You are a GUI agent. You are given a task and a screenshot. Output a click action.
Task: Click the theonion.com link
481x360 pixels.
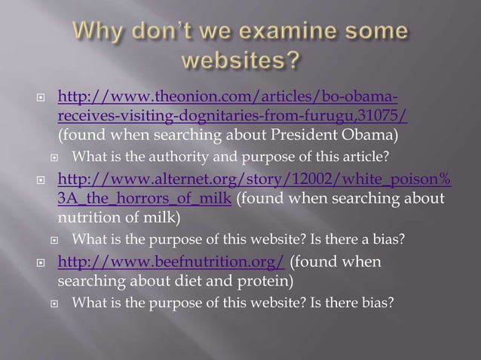click(234, 99)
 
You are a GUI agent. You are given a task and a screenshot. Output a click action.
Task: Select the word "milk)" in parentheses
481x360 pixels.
click(161, 219)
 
